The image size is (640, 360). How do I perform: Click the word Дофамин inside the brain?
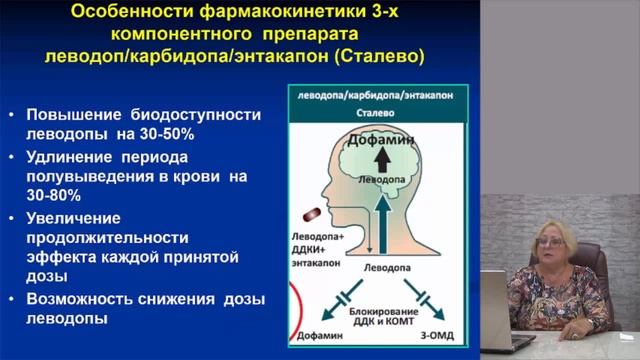click(x=382, y=143)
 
